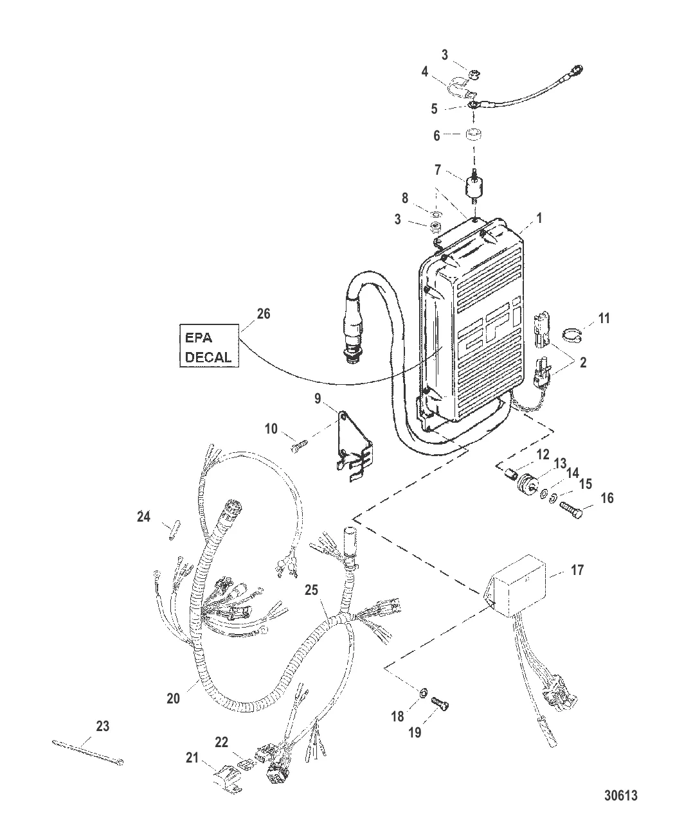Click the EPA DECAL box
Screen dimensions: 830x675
pos(208,346)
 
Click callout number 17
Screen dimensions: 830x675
pos(577,569)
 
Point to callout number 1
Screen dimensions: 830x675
pos(539,218)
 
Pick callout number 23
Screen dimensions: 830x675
pos(103,727)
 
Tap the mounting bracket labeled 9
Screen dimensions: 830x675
pos(352,443)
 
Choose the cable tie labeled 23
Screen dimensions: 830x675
pos(87,752)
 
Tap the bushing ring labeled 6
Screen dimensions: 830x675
pos(475,137)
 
